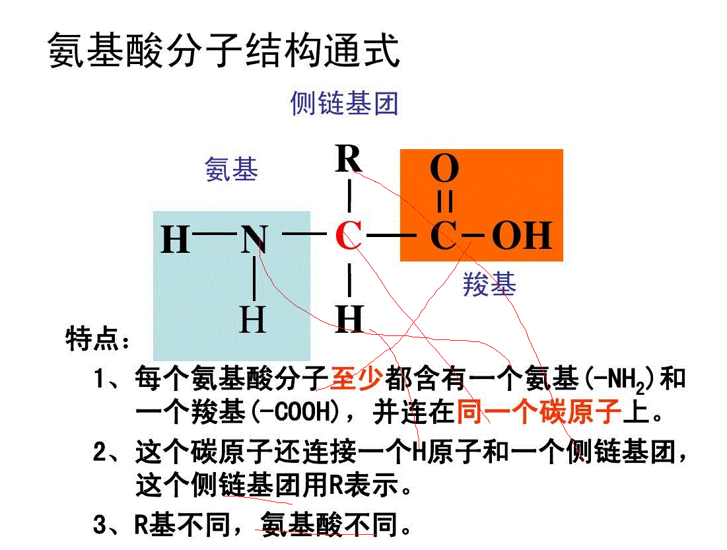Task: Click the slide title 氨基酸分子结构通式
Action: (x=225, y=51)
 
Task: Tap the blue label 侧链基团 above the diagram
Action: (x=344, y=103)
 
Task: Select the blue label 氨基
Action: (x=231, y=170)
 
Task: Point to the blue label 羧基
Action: (x=489, y=285)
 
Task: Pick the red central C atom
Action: (x=348, y=236)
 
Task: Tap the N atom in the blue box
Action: (x=254, y=239)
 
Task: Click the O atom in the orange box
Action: (x=444, y=170)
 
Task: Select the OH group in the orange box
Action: (x=522, y=236)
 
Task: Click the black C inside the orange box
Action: (x=443, y=236)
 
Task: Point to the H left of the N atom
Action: (x=176, y=240)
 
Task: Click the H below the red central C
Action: (x=349, y=318)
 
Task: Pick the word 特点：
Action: (x=98, y=340)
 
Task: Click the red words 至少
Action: (x=357, y=378)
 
